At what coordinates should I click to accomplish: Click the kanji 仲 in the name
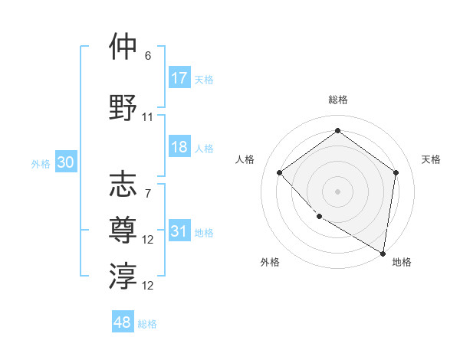123,47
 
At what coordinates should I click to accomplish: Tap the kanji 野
123,107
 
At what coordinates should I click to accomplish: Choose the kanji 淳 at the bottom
123,275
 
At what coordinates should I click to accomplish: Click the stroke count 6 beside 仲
148,56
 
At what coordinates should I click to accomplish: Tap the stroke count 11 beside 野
148,116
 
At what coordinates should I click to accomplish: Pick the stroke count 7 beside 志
148,193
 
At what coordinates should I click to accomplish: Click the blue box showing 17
179,78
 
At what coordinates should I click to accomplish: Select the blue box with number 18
179,147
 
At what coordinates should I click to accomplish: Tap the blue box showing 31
179,231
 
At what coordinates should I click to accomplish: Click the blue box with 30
65,162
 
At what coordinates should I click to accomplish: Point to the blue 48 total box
122,322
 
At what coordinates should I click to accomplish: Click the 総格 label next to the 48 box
147,324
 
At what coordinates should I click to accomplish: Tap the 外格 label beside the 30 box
41,163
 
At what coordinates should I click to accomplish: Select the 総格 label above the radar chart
337,100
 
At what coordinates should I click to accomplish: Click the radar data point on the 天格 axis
396,172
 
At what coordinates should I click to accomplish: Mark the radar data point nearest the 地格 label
383,253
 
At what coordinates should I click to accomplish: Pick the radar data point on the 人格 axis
280,172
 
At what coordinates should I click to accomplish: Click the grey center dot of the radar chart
337,191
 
